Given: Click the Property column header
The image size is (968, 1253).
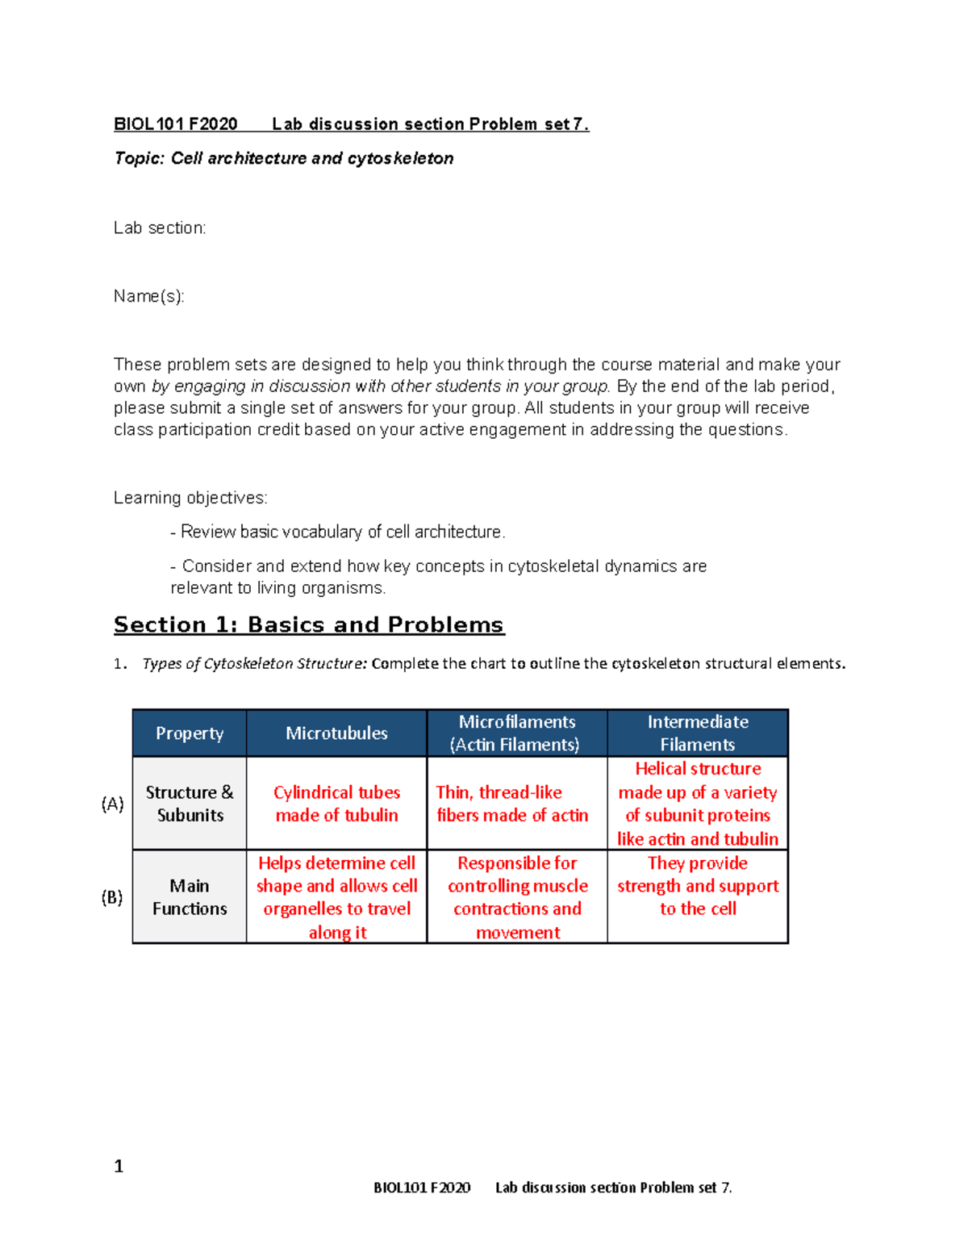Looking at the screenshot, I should coord(190,733).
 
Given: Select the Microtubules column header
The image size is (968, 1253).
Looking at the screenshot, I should coord(336,733).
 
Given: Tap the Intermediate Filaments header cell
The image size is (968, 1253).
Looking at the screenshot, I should coord(698,733).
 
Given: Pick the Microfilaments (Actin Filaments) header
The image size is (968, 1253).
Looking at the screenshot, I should coord(516,733).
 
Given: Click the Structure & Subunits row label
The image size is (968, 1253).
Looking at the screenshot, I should coord(190,804).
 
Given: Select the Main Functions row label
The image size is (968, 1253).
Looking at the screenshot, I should coord(190,897).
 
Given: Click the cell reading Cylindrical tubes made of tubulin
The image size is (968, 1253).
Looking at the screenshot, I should coord(336,804).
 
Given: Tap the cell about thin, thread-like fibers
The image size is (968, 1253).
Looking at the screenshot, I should coord(512,804).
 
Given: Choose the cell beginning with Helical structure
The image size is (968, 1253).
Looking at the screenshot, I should coord(698,804).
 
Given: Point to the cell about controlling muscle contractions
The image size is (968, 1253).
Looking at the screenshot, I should coord(517,897).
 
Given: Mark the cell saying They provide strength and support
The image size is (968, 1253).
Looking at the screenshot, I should coord(698,886).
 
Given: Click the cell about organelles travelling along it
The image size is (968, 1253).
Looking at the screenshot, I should coord(336,897).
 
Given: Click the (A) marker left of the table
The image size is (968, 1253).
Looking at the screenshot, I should coord(112,804).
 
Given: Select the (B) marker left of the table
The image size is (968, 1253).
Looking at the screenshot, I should coord(112,897).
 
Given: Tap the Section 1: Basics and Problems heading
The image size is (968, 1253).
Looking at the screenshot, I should coord(308,625).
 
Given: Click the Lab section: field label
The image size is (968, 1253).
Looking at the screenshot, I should coord(160,228).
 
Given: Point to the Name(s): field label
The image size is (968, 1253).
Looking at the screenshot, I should coord(149,297).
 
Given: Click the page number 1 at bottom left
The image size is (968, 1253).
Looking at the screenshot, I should coord(119,1166).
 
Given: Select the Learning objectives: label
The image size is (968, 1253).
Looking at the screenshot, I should coord(190,498).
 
